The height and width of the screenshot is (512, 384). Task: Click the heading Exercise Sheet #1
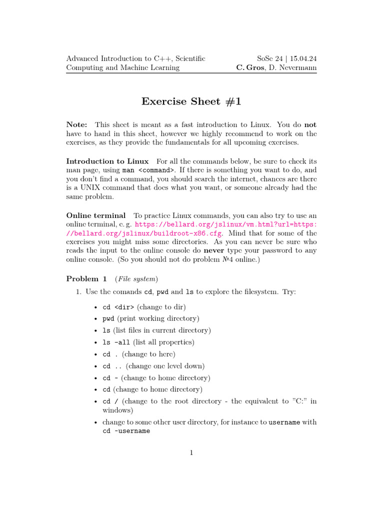click(x=191, y=101)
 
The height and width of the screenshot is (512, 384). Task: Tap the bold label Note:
click(x=77, y=124)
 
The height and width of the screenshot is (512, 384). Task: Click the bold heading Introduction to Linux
click(x=107, y=161)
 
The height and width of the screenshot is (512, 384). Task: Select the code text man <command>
click(x=148, y=170)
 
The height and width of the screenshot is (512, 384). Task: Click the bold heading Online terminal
click(x=96, y=215)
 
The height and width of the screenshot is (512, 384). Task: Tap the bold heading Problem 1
click(x=86, y=278)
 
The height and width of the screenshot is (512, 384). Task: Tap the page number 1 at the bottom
click(x=191, y=453)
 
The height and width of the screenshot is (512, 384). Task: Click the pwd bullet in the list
click(x=108, y=318)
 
